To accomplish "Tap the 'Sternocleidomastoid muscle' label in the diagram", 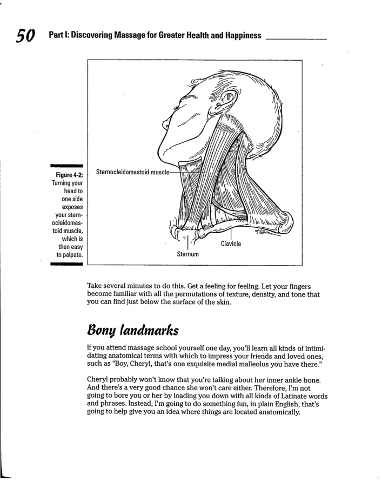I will pos(132,172).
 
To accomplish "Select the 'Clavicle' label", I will pos(230,244).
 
